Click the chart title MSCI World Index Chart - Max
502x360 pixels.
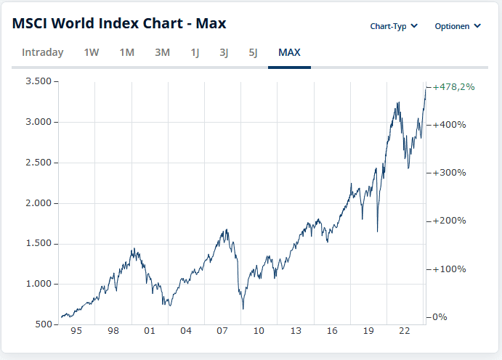tap(119, 24)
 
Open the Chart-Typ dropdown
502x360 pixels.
tap(394, 26)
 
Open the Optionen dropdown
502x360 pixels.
tap(458, 26)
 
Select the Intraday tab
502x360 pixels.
tap(43, 52)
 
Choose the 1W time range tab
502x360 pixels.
tap(92, 52)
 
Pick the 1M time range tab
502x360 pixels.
tap(127, 52)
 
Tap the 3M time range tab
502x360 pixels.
tap(162, 52)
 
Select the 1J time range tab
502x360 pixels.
tap(195, 52)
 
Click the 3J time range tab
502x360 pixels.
tap(224, 52)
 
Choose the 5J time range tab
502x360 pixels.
tap(252, 52)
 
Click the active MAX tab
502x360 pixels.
tap(289, 52)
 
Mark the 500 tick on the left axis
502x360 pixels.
tap(44, 324)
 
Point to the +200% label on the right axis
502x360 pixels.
tap(449, 221)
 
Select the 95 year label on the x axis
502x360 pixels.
tap(76, 331)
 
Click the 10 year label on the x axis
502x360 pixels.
tap(259, 331)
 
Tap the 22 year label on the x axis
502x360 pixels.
tap(405, 331)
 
